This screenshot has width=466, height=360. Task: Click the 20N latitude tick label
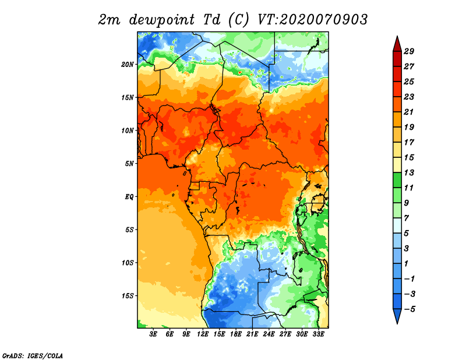(x=128, y=64)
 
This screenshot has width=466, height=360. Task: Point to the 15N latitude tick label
(x=128, y=97)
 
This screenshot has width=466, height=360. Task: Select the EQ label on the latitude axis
(x=129, y=196)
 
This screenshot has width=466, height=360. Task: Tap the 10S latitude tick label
(x=128, y=263)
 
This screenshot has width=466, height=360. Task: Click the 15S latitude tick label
(x=128, y=296)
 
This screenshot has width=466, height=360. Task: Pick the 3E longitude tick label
(x=154, y=334)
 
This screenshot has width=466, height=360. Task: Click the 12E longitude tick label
(x=203, y=334)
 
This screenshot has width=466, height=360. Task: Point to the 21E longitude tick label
(x=253, y=334)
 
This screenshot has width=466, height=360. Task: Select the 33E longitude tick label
(x=319, y=334)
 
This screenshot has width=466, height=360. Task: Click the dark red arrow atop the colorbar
(x=396, y=44)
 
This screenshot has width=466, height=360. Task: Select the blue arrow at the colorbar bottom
(x=396, y=316)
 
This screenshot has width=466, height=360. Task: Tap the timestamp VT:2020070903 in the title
(x=312, y=19)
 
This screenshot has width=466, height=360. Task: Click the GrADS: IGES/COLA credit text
(x=32, y=355)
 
